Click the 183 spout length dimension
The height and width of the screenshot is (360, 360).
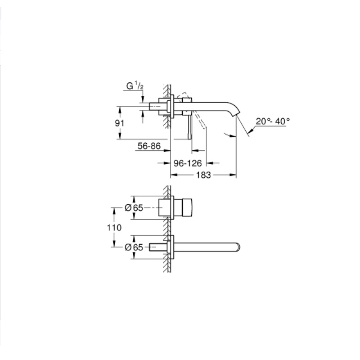click(x=203, y=175)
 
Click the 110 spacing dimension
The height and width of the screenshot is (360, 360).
click(x=115, y=228)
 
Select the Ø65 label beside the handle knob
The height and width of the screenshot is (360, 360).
click(x=134, y=208)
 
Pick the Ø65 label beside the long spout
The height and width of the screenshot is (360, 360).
click(x=134, y=247)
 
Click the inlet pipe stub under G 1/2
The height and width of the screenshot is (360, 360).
click(x=157, y=106)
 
